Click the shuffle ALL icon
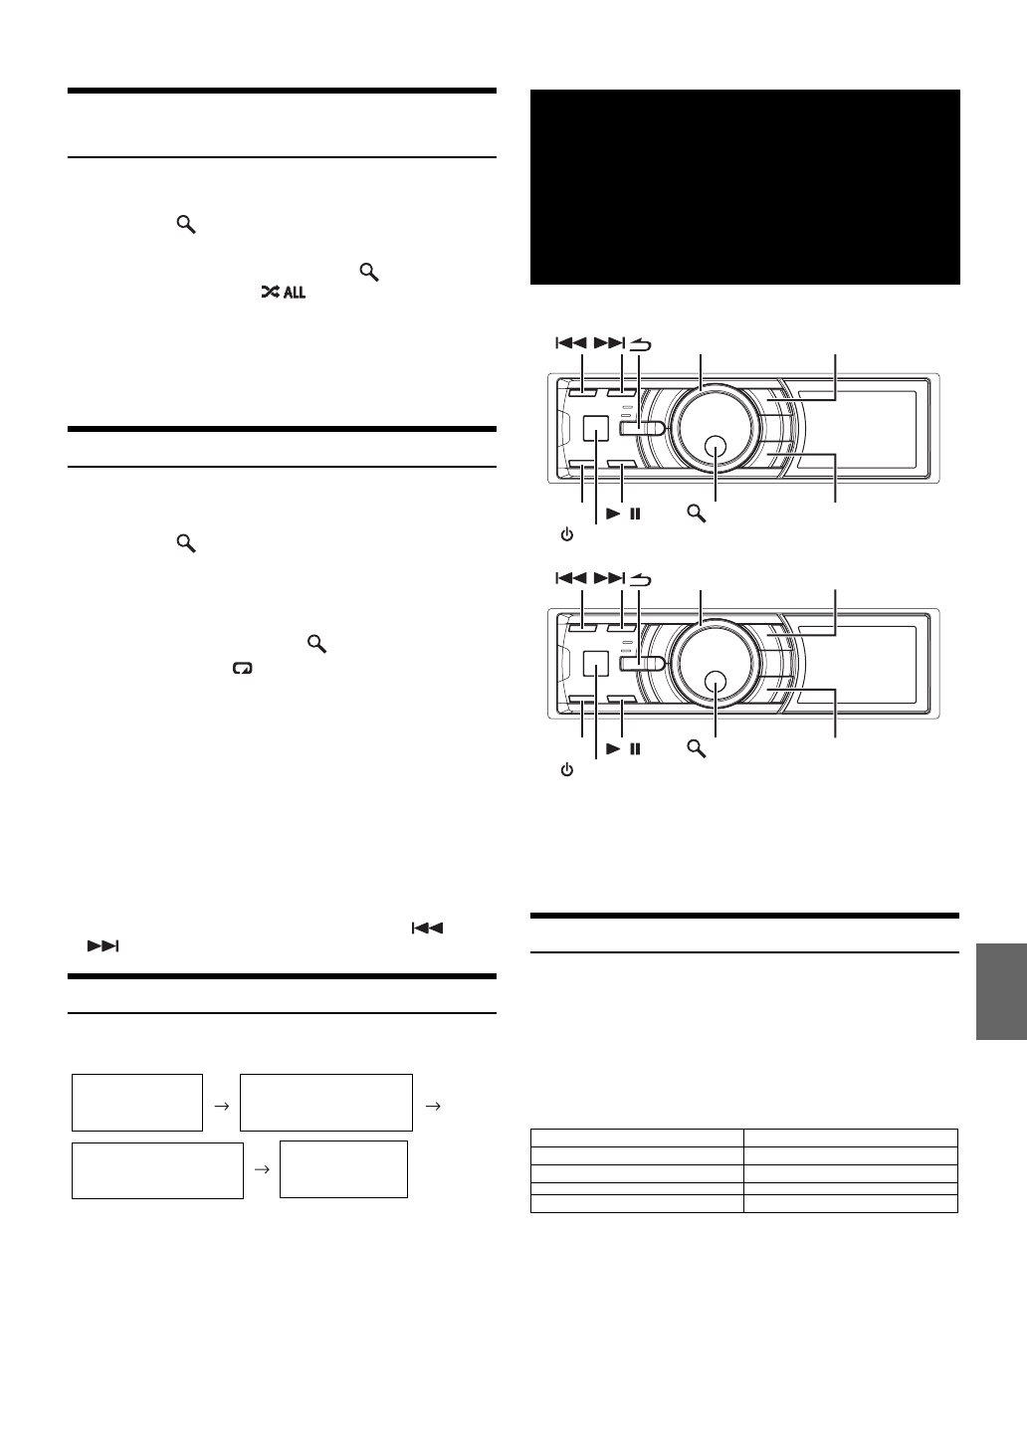pyautogui.click(x=283, y=293)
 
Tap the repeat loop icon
pyautogui.click(x=242, y=669)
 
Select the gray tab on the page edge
pyautogui.click(x=1001, y=992)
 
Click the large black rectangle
pyautogui.click(x=744, y=186)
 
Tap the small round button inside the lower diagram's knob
pyautogui.click(x=715, y=682)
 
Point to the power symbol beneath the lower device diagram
pyautogui.click(x=566, y=770)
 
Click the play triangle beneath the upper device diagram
pyautogui.click(x=613, y=514)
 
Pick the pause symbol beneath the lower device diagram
pyautogui.click(x=635, y=748)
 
